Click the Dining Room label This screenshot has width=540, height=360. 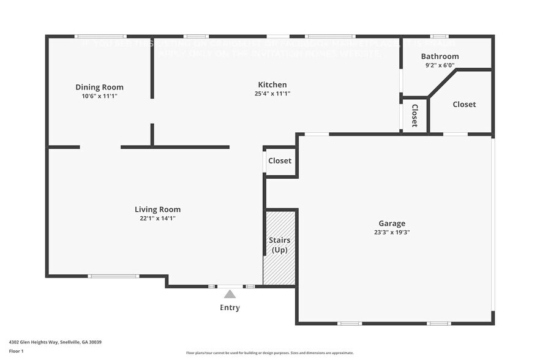coord(99,87)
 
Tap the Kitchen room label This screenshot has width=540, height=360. coord(272,84)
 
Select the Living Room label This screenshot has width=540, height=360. coord(157,209)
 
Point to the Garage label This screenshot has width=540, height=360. coord(391,223)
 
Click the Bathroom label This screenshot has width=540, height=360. coord(440,56)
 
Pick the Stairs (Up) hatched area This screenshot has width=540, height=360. coord(280,247)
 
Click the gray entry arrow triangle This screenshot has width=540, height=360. coord(230,294)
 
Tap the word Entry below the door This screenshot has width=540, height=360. coord(230,307)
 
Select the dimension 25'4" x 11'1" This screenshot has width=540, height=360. coord(272,94)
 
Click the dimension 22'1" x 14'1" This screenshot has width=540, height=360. coord(157,219)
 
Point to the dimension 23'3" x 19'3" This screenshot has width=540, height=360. coord(391,233)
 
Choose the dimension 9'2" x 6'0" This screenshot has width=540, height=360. coord(440,65)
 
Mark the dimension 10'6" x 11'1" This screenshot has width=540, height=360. coord(99,96)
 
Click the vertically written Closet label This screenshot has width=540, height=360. coord(414,115)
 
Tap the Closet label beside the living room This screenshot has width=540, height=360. coord(280,161)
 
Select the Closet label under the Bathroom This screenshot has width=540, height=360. coord(464,104)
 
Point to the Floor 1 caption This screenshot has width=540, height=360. coord(16,351)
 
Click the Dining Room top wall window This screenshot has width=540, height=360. coord(100,37)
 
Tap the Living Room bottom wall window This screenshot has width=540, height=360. coord(114,276)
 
